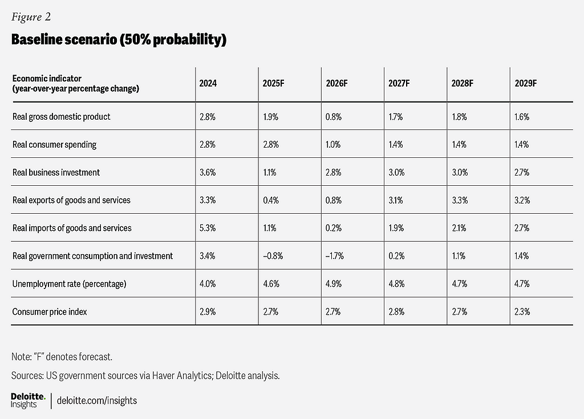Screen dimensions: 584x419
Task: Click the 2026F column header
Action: [x=336, y=83]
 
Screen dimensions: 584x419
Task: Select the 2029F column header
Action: [x=525, y=83]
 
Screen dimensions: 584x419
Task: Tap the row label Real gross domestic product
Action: [x=62, y=117]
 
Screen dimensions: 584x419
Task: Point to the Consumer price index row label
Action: [x=50, y=312]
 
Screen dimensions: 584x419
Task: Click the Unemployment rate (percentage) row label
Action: [x=69, y=284]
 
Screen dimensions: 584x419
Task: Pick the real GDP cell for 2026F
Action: [x=334, y=117]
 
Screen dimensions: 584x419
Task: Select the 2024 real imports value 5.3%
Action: [x=208, y=228]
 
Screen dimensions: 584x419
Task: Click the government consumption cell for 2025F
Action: [x=273, y=256]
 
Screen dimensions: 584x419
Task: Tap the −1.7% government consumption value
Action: [x=334, y=256]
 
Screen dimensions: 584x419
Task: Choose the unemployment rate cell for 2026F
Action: [x=334, y=284]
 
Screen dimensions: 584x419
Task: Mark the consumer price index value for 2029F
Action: [x=522, y=312]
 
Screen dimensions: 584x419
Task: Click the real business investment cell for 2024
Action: [x=208, y=172]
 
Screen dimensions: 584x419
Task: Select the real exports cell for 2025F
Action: [x=271, y=200]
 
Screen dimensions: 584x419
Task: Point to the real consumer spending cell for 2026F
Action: [x=333, y=144]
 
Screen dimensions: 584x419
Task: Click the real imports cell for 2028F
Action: [x=459, y=228]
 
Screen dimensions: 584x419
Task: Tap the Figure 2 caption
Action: [x=31, y=17]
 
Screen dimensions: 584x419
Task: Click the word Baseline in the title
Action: [x=36, y=39]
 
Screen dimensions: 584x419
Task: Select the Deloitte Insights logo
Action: [x=28, y=401]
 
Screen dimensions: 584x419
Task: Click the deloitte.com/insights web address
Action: [x=97, y=401]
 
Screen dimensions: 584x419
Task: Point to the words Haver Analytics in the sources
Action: [x=182, y=376]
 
